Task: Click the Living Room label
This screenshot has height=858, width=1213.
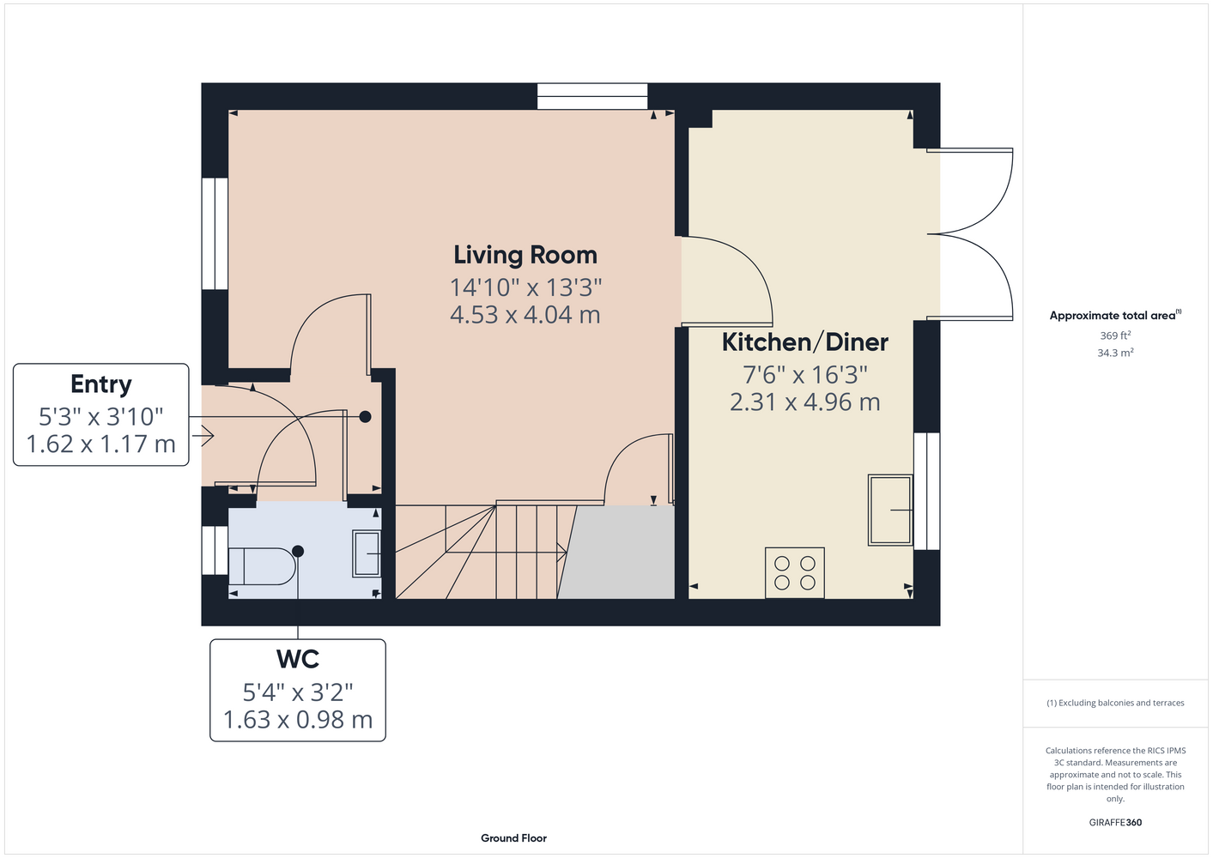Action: pos(525,255)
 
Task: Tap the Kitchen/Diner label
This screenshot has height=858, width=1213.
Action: pos(804,342)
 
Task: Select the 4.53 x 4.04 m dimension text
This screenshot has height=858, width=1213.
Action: pos(525,315)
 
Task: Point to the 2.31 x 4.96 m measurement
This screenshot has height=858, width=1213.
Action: pos(804,402)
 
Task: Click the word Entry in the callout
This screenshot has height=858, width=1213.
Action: pos(101,384)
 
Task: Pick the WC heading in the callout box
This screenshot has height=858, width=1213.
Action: pos(298,659)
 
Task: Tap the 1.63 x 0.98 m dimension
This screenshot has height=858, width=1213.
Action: pos(298,719)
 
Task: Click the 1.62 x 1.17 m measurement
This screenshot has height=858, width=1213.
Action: pos(101,444)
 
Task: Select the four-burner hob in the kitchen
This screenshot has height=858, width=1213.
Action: pos(794,573)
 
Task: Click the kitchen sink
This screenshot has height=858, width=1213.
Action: pos(890,510)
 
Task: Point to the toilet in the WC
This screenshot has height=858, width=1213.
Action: pos(262,566)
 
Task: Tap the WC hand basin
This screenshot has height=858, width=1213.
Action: pos(367,553)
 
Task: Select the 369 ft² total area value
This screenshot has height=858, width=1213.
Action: pos(1115,335)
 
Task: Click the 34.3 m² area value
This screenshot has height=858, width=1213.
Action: pos(1115,353)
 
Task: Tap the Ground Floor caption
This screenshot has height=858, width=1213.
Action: pos(513,838)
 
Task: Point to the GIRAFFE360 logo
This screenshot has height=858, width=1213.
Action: pos(1115,822)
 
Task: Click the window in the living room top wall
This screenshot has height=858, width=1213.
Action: pos(592,96)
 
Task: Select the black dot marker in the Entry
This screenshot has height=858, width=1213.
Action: pos(366,417)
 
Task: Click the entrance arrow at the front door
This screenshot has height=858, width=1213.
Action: pos(203,436)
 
